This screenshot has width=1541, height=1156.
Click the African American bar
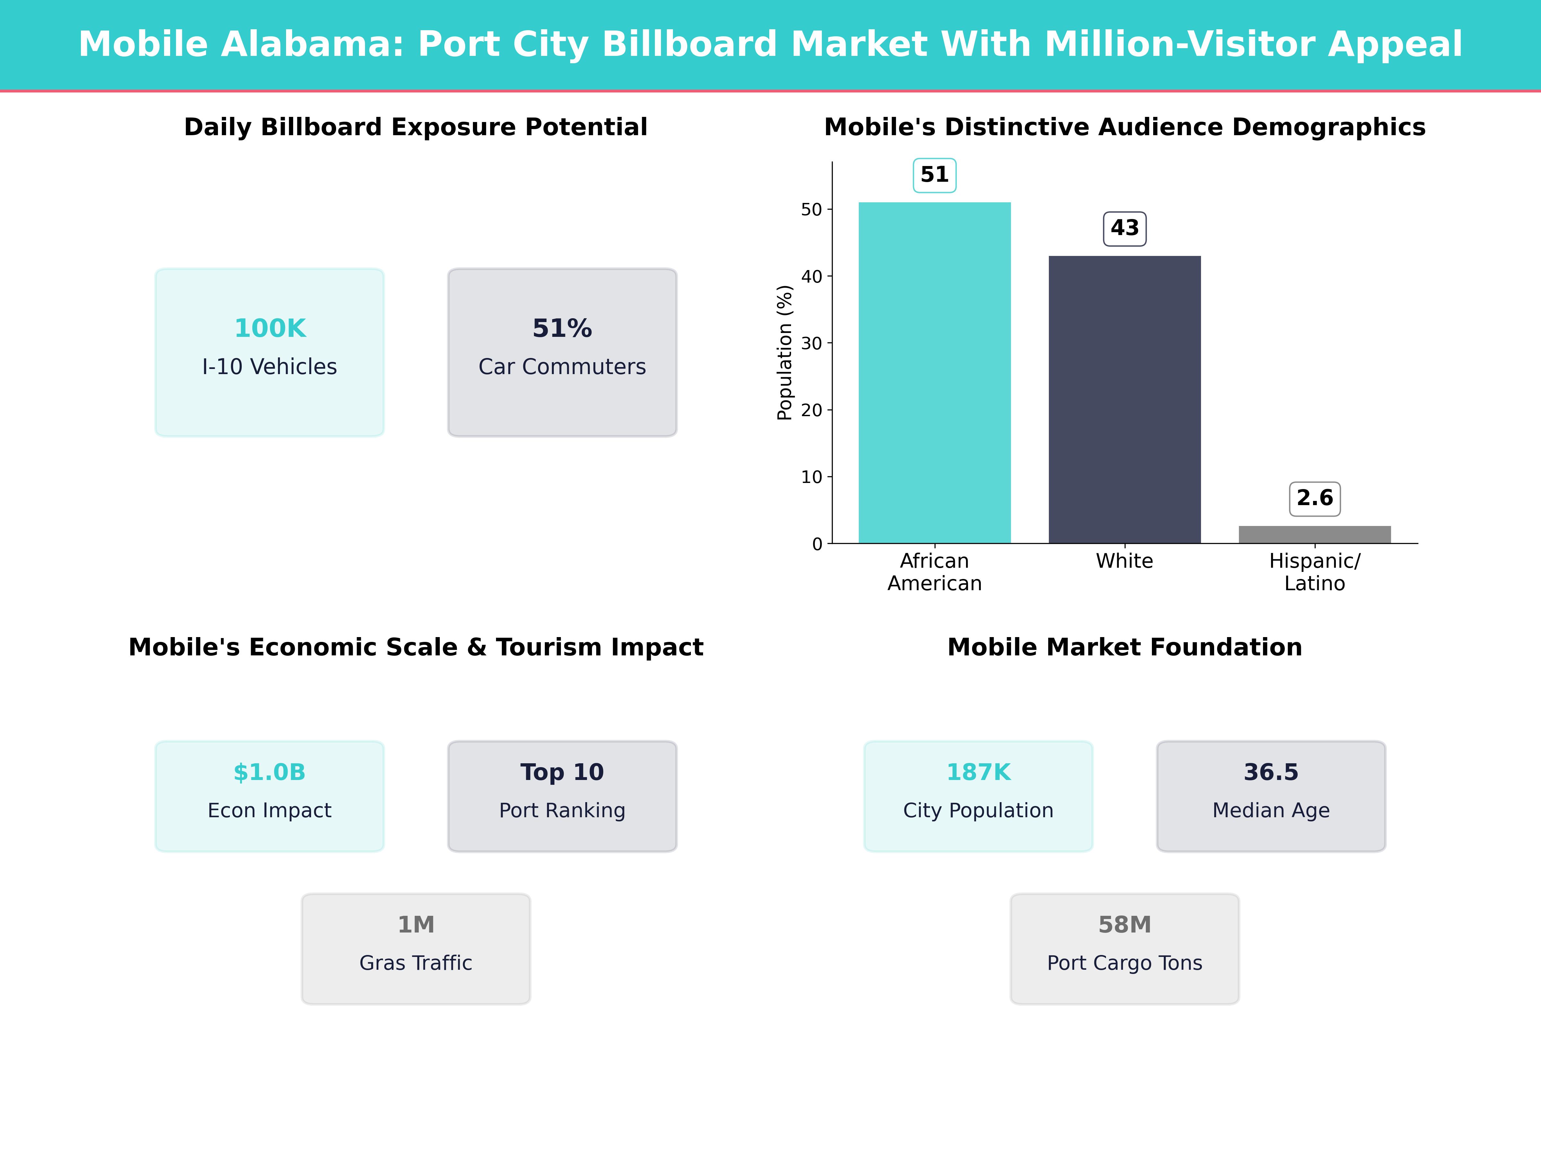(934, 373)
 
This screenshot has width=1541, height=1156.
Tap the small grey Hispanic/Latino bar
(1315, 534)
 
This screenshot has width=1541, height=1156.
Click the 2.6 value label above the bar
(1315, 498)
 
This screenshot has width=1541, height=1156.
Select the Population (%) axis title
(785, 353)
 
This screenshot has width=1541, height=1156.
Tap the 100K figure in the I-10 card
(270, 328)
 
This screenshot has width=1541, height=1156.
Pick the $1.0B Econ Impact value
(270, 772)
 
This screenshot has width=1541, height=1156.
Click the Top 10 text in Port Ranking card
(562, 772)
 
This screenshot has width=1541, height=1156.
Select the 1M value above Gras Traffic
(416, 925)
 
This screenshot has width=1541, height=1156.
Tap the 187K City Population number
(978, 772)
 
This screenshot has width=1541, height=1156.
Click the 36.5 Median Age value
(1271, 772)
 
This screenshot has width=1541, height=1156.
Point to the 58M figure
(1124, 925)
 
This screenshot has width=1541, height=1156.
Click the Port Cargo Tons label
(1124, 963)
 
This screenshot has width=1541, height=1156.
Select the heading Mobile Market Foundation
(1124, 647)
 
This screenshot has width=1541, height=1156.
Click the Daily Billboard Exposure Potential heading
(416, 127)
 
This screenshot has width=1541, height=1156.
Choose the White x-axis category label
(1124, 561)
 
